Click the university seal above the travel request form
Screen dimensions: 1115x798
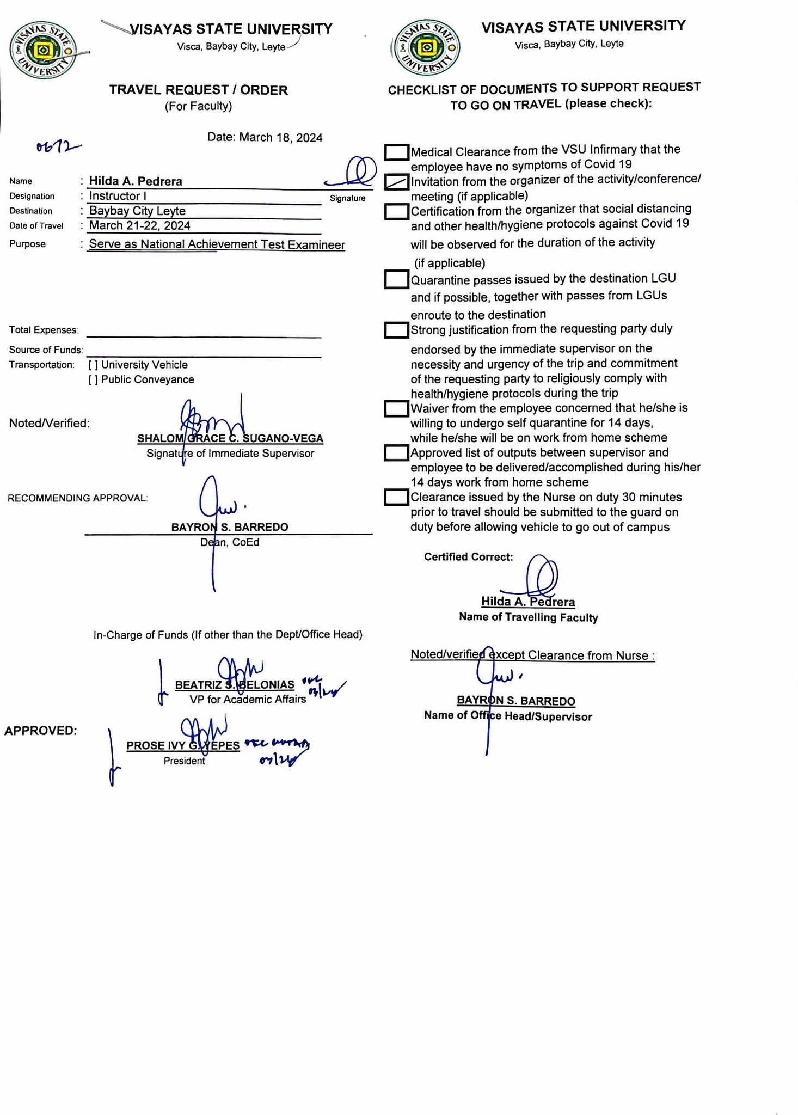44,51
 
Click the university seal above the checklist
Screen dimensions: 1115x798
427,48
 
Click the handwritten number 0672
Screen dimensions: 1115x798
58,147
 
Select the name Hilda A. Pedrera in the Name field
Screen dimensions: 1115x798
136,181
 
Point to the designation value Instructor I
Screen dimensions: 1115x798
118,196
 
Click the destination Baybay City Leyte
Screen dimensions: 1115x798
137,211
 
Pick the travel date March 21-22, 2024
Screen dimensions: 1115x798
139,225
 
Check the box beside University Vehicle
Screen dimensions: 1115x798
93,365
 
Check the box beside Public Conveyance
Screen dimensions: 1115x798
93,380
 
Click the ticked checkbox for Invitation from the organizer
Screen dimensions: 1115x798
396,182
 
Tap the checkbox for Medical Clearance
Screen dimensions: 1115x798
396,152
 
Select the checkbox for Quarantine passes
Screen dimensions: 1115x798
396,279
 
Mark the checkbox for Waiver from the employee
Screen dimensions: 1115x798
396,409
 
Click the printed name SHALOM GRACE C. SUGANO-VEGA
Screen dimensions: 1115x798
230,439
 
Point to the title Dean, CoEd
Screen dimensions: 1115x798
230,542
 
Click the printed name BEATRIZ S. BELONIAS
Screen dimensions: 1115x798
234,685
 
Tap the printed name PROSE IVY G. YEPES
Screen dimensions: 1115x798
183,746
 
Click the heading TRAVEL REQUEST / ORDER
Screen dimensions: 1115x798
198,90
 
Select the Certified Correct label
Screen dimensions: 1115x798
468,557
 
